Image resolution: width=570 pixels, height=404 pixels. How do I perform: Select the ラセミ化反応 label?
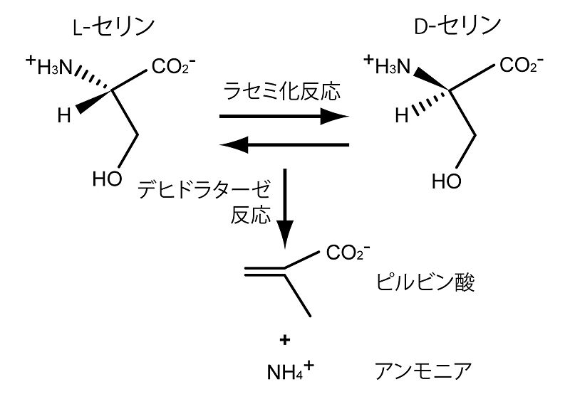pos(284,91)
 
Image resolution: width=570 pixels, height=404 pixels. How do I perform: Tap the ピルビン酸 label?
pos(425,284)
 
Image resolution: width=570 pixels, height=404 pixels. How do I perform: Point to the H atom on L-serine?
pos(64,115)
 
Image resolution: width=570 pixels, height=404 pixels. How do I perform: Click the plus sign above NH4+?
pos(285,341)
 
